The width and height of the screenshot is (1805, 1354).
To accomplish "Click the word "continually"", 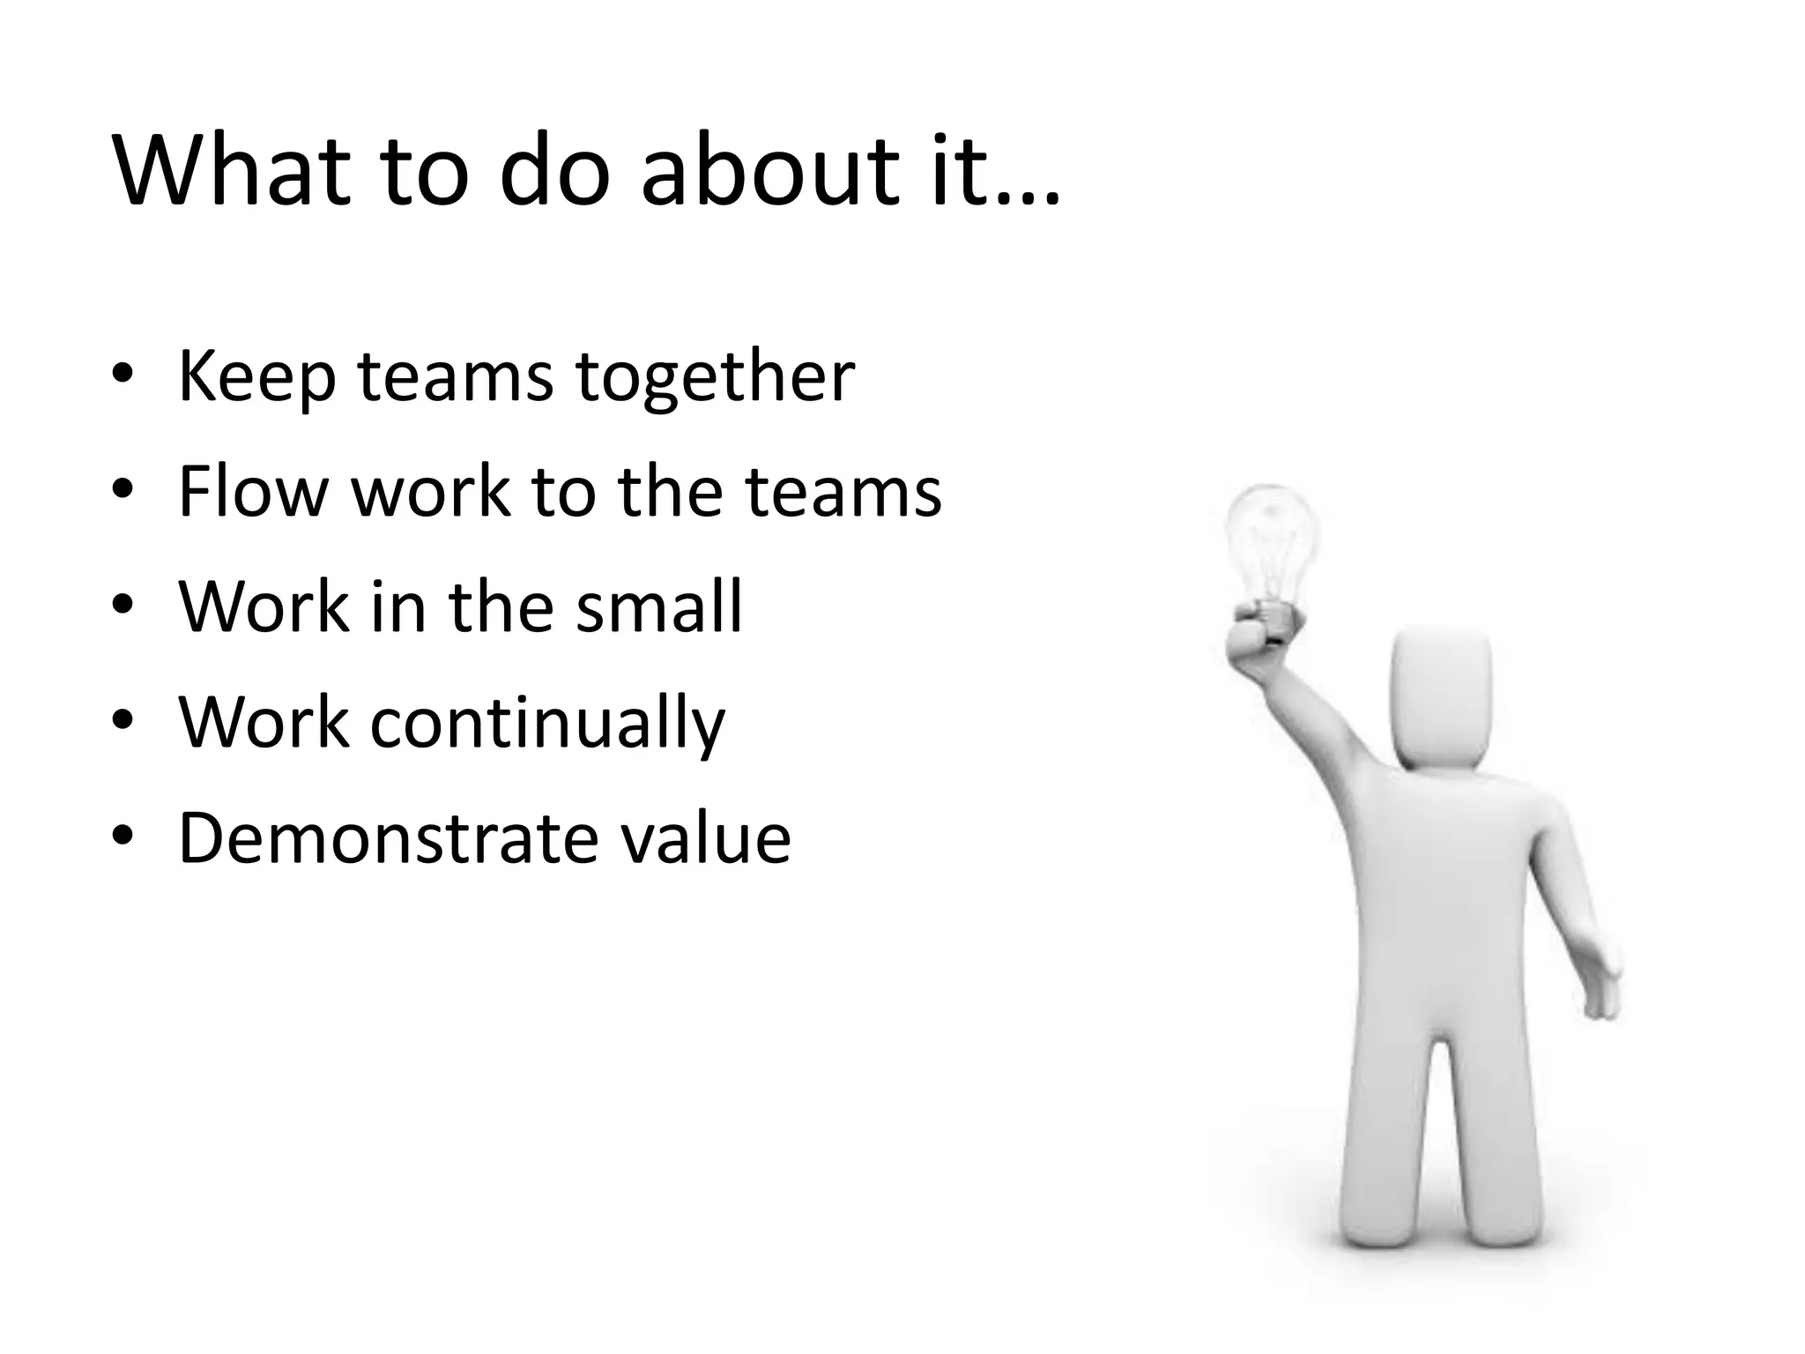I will click(547, 723).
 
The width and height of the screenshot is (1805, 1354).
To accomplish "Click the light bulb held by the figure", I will click(1272, 538).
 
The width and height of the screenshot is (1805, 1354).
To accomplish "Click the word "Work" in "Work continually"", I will click(264, 723).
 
